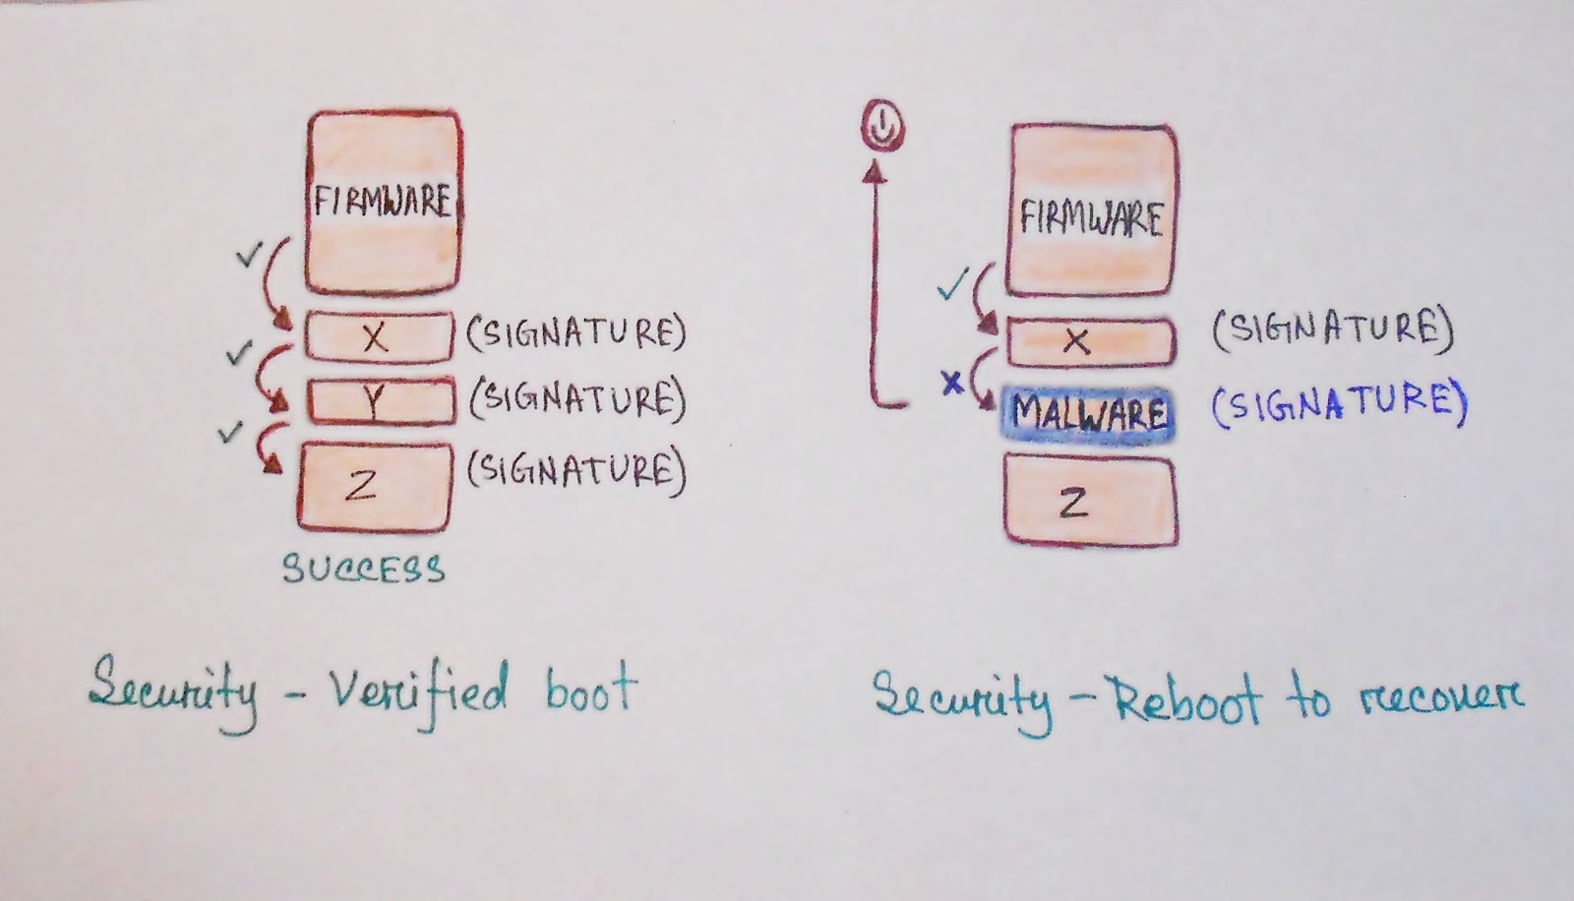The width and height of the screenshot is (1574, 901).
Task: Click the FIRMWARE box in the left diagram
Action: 383,202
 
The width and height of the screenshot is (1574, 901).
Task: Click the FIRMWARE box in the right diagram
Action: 1091,216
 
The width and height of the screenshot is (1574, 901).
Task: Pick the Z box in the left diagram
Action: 375,486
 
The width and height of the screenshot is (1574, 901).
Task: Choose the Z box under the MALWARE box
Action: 1091,502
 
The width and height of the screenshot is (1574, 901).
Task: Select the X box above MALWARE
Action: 1091,342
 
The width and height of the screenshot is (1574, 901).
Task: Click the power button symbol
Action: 883,125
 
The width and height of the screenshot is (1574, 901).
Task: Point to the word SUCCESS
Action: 364,570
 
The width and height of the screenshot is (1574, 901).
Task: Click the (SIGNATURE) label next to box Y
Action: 576,400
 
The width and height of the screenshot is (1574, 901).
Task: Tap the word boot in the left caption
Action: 589,690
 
